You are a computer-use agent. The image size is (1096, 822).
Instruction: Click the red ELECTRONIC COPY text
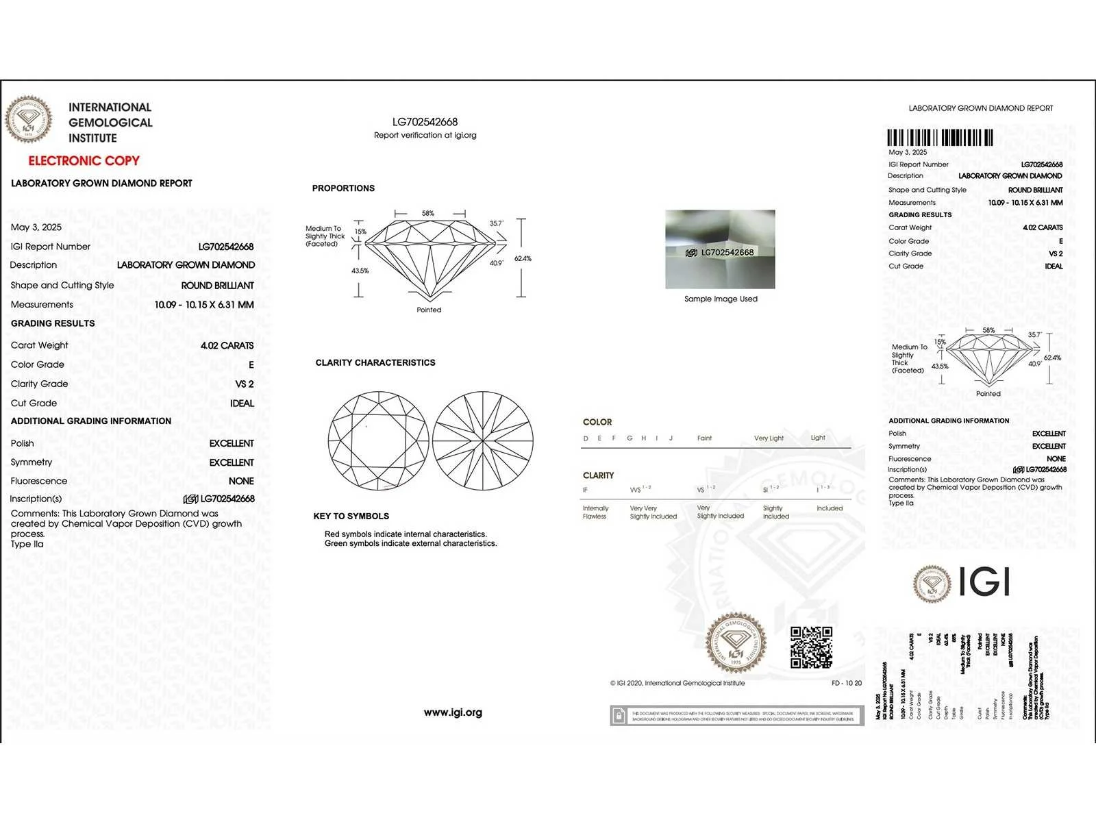tap(84, 161)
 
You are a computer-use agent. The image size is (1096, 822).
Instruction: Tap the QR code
tap(811, 647)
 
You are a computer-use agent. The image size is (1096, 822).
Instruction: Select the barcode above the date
tap(940, 138)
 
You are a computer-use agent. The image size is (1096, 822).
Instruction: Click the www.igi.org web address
tap(453, 712)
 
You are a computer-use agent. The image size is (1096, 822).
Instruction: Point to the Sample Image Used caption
tap(721, 299)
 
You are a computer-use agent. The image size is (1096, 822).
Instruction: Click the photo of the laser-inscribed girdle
tap(720, 249)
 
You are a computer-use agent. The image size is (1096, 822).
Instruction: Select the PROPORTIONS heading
tap(343, 188)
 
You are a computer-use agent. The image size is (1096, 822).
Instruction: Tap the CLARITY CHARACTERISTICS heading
tap(375, 362)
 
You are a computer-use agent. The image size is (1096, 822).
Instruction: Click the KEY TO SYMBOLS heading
tap(351, 516)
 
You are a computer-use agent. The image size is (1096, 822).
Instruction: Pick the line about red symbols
tap(406, 534)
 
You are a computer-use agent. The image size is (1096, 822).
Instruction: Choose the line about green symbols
tap(411, 544)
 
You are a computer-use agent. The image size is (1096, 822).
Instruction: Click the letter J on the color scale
tap(671, 438)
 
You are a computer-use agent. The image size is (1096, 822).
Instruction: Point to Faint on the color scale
tap(704, 438)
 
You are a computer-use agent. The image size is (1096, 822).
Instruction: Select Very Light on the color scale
tap(769, 438)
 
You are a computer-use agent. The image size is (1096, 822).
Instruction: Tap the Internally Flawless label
tap(595, 512)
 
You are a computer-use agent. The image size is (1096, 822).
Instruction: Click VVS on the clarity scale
tap(636, 490)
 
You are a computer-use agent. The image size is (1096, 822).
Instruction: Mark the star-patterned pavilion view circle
tap(483, 440)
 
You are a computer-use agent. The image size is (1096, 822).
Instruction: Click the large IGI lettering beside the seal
tap(984, 582)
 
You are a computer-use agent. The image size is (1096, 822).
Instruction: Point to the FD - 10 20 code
tap(847, 683)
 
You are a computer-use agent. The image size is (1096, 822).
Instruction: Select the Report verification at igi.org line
tap(425, 136)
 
